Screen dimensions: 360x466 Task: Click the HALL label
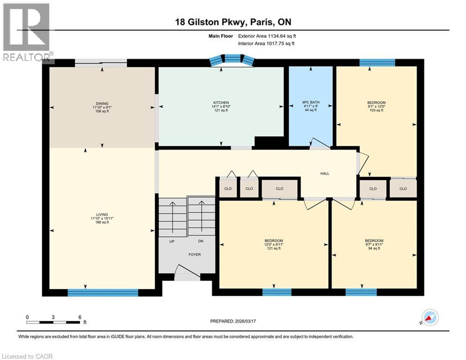tap(325, 173)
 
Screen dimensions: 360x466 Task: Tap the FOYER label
tap(194, 255)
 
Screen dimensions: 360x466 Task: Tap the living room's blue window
tap(103, 292)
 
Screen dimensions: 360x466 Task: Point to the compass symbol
tap(430, 317)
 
